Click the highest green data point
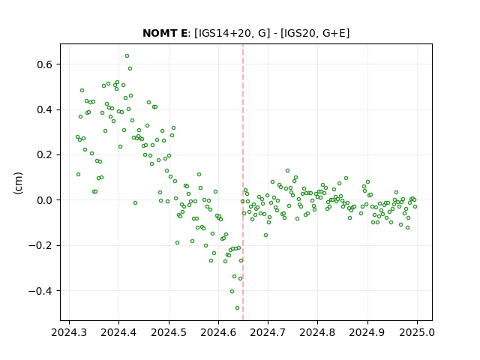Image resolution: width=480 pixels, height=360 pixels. (x=127, y=56)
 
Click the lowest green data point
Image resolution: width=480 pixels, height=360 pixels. (x=237, y=308)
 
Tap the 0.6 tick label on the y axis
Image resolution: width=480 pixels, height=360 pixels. (x=45, y=64)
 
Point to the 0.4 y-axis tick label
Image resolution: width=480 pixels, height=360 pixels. (x=45, y=110)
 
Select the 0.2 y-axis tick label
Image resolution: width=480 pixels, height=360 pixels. (x=45, y=155)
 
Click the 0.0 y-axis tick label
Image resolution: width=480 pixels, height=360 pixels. (x=45, y=200)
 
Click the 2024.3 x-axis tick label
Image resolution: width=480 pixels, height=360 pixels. (x=69, y=332)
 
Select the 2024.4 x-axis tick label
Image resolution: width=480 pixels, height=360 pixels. (x=118, y=332)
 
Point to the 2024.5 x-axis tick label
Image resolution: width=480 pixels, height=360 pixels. (x=169, y=332)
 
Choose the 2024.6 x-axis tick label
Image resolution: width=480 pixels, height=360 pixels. (x=218, y=332)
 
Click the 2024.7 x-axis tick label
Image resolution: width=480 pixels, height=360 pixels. (x=268, y=332)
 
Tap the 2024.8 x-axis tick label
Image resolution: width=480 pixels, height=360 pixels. (x=317, y=332)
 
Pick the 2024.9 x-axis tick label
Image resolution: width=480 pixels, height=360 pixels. (x=367, y=332)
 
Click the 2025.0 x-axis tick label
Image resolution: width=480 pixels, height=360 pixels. (x=417, y=332)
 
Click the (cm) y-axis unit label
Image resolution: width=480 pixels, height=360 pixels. (x=18, y=183)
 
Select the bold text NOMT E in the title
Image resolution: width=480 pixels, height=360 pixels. (x=165, y=33)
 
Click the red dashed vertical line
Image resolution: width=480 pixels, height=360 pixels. (x=243, y=182)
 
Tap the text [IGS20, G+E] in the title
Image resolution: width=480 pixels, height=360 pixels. (x=315, y=33)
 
